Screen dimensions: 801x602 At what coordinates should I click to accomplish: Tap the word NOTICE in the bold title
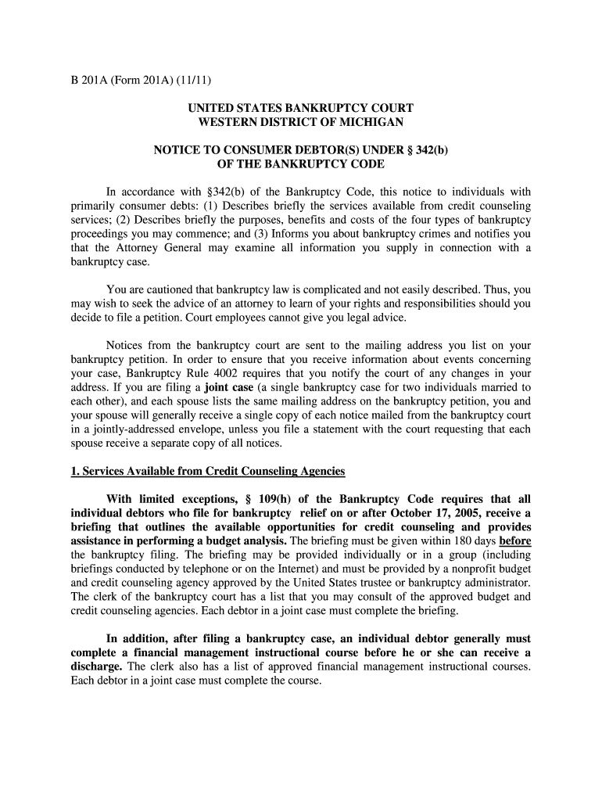[182, 150]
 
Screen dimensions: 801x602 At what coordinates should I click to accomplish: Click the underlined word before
[515, 541]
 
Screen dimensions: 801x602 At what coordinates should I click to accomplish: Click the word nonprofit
[471, 569]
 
